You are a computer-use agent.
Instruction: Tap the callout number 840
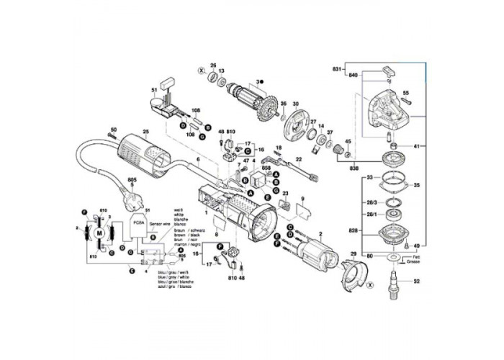point(353,75)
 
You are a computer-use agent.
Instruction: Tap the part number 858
point(246,167)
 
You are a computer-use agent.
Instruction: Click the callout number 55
point(405,93)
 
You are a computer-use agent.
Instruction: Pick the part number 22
point(298,158)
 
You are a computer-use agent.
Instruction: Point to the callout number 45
point(348,141)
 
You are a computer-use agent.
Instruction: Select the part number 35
point(416,185)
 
